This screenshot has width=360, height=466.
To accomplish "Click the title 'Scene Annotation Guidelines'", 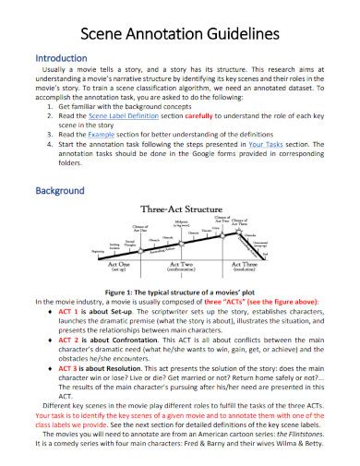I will [x=180, y=34].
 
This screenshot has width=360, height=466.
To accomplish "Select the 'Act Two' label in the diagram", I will [x=179, y=265].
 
